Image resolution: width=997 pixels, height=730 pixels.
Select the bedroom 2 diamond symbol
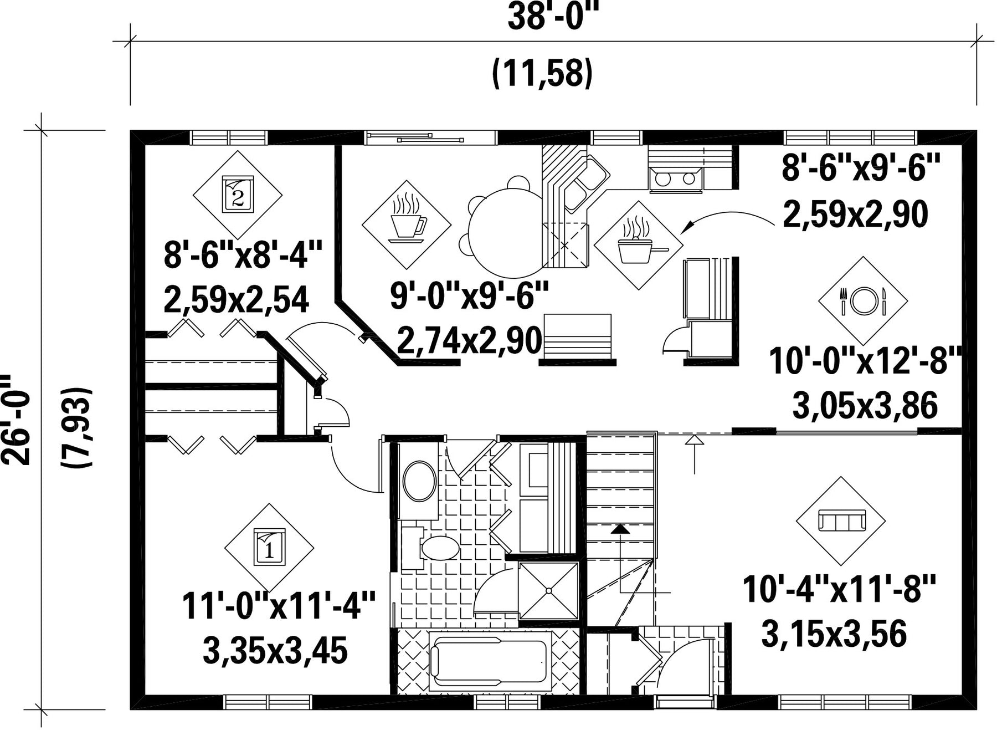[x=238, y=195]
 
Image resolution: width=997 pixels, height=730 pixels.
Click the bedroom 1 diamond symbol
[x=269, y=548]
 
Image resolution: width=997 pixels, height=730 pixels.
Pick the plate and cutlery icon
[x=863, y=300]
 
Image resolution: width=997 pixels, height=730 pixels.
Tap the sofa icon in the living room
[x=841, y=521]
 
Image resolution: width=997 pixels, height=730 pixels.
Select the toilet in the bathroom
[x=431, y=548]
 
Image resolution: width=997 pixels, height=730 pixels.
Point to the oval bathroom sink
[x=419, y=482]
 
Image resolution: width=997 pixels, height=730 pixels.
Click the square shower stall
[x=548, y=591]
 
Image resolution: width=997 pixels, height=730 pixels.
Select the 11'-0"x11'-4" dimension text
[x=279, y=605]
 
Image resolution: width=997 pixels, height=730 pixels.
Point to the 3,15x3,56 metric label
[x=834, y=634]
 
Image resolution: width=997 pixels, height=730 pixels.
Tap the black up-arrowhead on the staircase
[x=620, y=529]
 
